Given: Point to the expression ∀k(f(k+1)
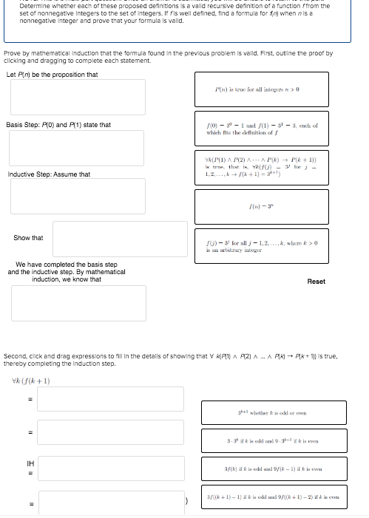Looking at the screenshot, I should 31,381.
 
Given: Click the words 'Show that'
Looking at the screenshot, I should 28,238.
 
